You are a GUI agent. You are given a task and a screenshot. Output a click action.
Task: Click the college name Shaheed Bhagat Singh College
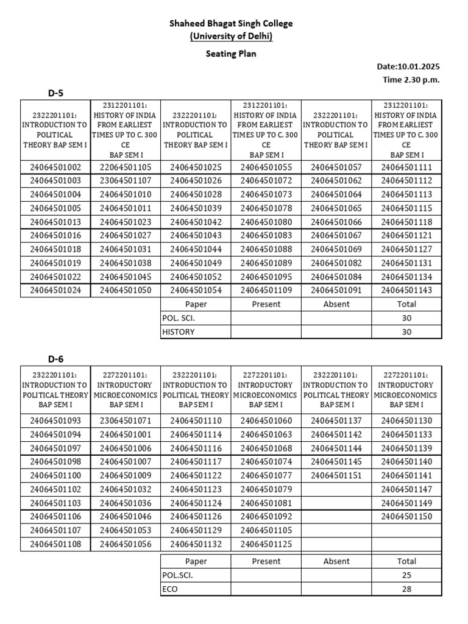point(231,23)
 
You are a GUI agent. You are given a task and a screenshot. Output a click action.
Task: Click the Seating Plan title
point(231,54)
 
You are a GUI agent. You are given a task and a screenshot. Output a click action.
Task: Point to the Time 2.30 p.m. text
point(411,80)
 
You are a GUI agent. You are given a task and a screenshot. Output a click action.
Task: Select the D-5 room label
point(56,93)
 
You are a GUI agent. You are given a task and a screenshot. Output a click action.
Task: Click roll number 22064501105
point(126,167)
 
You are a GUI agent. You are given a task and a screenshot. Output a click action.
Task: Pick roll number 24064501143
point(406,290)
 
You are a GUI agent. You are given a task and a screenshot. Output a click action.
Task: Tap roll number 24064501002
point(55,167)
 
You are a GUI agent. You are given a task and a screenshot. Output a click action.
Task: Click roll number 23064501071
point(126,420)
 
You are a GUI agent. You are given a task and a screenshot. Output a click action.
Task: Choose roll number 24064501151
point(336,475)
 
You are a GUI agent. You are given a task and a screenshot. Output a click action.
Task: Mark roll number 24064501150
point(406,517)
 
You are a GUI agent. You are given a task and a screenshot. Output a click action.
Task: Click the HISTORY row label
point(179,332)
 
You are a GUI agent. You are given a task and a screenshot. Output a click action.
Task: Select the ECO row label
point(170,589)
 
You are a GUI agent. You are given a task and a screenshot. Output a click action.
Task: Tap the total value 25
point(406,575)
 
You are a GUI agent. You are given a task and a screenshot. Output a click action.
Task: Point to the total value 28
point(406,589)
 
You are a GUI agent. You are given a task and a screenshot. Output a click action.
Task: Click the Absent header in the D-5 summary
point(336,304)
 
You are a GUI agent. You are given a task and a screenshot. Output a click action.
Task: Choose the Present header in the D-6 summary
point(266,561)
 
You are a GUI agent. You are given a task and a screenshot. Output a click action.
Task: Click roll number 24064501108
point(55,544)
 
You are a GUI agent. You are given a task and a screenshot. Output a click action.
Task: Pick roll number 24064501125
point(266,544)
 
